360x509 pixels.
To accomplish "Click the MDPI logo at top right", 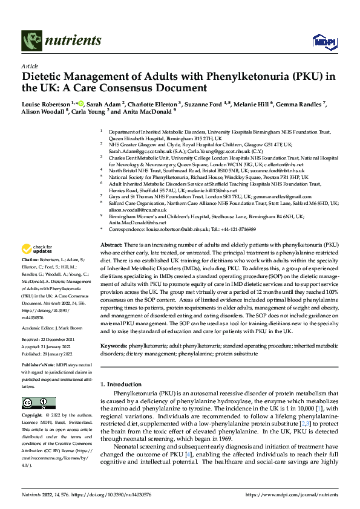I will click(322, 41).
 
